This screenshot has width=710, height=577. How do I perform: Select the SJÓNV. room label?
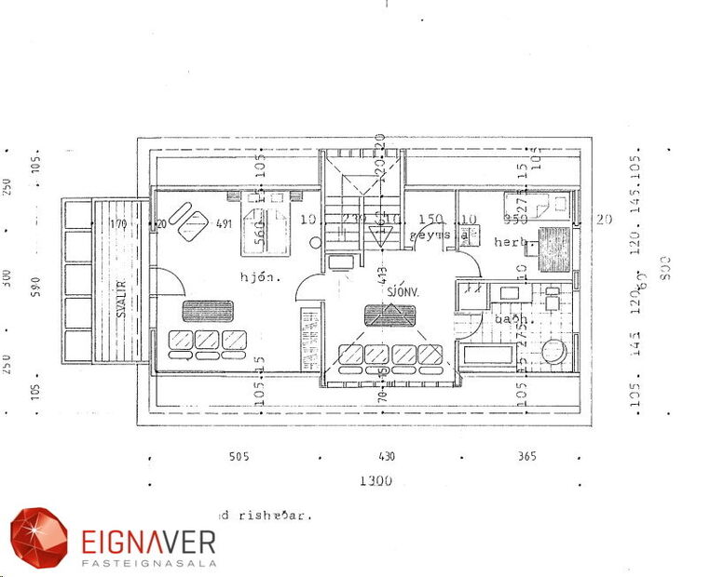point(404,291)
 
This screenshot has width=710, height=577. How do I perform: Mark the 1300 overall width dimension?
point(375,481)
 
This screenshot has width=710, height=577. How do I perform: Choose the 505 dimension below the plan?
point(239,457)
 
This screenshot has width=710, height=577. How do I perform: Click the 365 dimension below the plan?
point(526,457)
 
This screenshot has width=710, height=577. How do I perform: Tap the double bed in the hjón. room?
point(266,223)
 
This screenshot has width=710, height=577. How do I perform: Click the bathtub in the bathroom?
point(485,355)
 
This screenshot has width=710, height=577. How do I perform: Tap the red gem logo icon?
point(39,537)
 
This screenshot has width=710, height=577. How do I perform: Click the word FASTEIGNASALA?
point(148,562)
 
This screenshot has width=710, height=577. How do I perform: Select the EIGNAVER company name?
point(148,541)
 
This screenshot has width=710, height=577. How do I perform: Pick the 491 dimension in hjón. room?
point(224,223)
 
